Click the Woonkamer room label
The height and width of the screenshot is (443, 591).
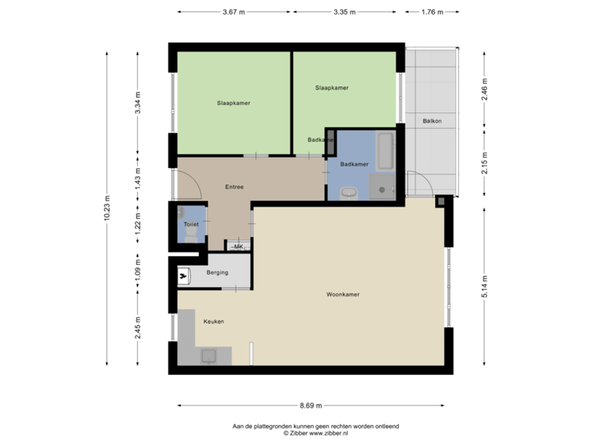click(x=343, y=294)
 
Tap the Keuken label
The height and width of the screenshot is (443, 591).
click(x=215, y=322)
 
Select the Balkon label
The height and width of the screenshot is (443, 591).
click(x=433, y=121)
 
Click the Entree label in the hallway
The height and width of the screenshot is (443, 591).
click(x=234, y=187)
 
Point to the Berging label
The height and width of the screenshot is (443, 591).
click(x=217, y=272)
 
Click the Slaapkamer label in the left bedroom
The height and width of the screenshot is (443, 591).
click(x=233, y=103)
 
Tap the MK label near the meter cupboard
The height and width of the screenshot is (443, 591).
click(x=238, y=246)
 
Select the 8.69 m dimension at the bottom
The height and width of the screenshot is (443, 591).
click(x=310, y=405)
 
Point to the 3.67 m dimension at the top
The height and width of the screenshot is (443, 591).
click(x=233, y=12)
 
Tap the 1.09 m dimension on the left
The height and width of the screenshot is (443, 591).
click(x=137, y=271)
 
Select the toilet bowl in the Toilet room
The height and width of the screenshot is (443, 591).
click(x=190, y=234)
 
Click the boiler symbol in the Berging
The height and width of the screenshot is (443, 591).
click(x=184, y=276)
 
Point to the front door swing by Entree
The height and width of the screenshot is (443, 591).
click(x=190, y=185)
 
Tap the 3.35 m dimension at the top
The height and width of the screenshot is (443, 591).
click(x=345, y=12)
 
